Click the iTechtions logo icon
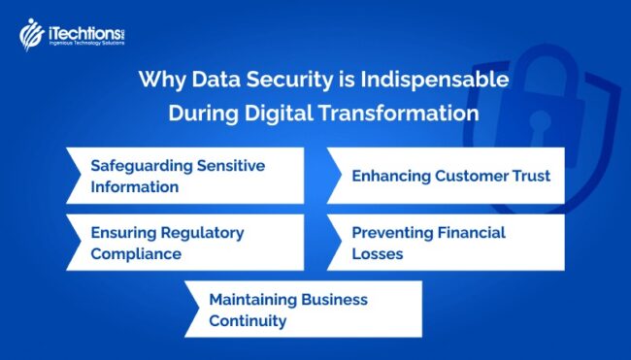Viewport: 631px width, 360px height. [x=30, y=34]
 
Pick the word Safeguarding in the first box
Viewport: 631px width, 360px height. [x=142, y=166]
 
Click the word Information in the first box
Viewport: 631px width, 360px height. [x=134, y=186]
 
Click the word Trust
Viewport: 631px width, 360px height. [x=529, y=176]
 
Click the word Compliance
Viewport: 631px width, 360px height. [x=136, y=254]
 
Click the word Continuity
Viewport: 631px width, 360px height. [x=248, y=320]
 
